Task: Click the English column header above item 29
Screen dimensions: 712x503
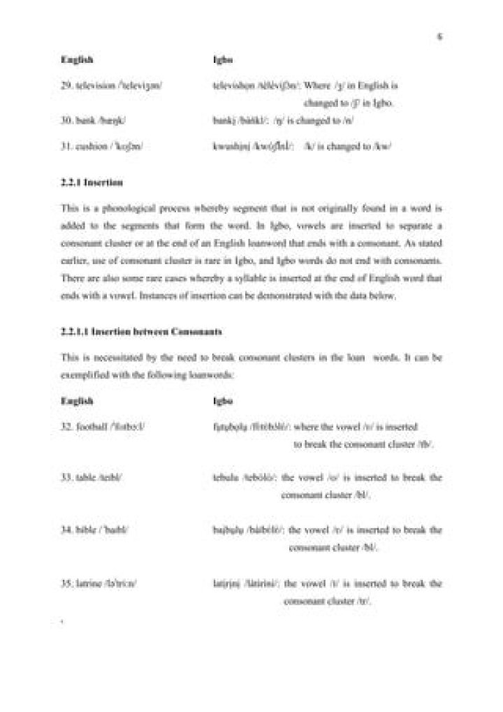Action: (x=74, y=61)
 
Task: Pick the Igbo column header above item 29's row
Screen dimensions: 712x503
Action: (x=221, y=61)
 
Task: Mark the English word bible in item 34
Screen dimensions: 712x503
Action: (x=82, y=531)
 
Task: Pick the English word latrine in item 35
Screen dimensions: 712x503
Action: (x=85, y=583)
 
